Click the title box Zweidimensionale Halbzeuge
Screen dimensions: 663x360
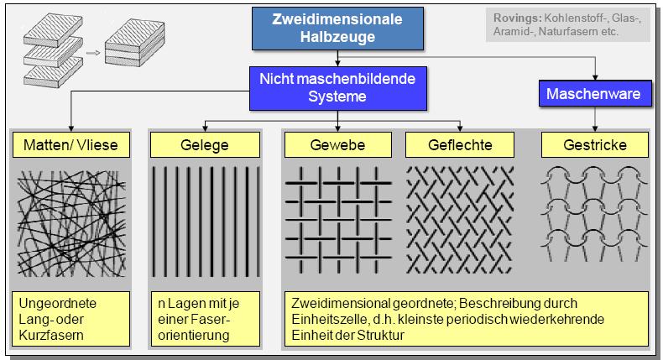pyautogui.click(x=337, y=29)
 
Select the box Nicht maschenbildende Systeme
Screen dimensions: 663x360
pyautogui.click(x=338, y=88)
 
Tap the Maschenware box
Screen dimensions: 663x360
pyautogui.click(x=595, y=93)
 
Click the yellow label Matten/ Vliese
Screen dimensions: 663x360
pyautogui.click(x=71, y=145)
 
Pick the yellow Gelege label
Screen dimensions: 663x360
pyautogui.click(x=205, y=145)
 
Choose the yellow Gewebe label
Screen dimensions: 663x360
pyautogui.click(x=337, y=145)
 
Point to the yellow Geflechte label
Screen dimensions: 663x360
pyautogui.click(x=460, y=145)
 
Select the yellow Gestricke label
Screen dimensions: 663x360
pyautogui.click(x=595, y=145)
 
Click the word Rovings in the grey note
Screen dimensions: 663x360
pyautogui.click(x=518, y=18)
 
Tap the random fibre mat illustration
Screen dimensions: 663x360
pyautogui.click(x=71, y=223)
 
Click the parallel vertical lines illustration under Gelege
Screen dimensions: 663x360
pyautogui.click(x=206, y=222)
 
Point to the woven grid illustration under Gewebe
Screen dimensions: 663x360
pyautogui.click(x=338, y=220)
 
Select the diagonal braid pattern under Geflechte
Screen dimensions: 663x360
pyautogui.click(x=460, y=220)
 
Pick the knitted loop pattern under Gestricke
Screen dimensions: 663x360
pyautogui.click(x=594, y=214)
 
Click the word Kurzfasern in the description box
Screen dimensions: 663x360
pyautogui.click(x=51, y=336)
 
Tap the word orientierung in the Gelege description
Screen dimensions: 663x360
pyautogui.click(x=194, y=336)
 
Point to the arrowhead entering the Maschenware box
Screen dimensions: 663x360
pyautogui.click(x=595, y=78)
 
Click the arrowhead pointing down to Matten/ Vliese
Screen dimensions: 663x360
pyautogui.click(x=71, y=128)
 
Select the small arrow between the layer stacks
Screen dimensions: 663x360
pyautogui.click(x=93, y=53)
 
